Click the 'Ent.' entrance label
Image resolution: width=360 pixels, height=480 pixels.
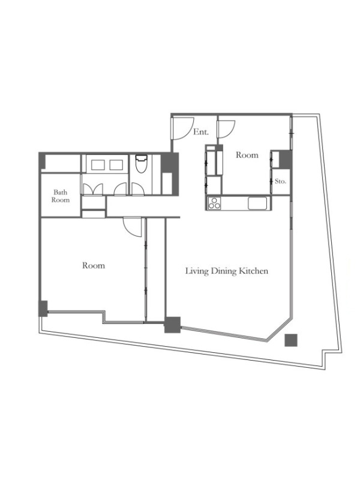[201, 132]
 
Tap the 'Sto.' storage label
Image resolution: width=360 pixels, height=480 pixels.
[280, 181]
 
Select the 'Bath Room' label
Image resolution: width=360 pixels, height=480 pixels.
[61, 196]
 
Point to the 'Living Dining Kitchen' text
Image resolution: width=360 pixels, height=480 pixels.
[227, 271]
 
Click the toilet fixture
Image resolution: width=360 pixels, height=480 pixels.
[141, 163]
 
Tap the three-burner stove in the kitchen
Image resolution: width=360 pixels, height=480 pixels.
[214, 203]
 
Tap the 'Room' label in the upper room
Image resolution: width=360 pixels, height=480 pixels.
[247, 155]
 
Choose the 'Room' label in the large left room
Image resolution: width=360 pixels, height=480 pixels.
[94, 265]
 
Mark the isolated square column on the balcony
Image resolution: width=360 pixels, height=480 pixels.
[291, 340]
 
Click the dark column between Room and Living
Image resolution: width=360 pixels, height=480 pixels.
[172, 325]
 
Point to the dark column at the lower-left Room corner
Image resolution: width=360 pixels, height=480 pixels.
[43, 308]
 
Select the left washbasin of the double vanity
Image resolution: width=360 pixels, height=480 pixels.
[98, 164]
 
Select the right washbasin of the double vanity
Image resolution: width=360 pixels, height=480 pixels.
[116, 164]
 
